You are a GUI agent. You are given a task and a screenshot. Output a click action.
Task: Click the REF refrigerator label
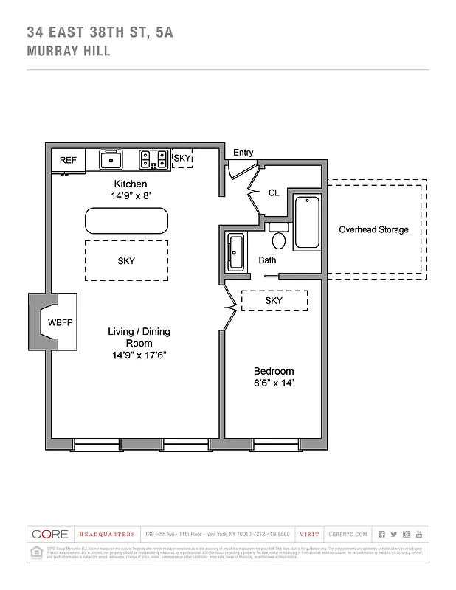tap(68, 160)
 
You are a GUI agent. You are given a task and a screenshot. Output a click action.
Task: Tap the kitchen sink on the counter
tap(111, 159)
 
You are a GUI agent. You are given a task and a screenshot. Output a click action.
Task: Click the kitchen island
tap(126, 221)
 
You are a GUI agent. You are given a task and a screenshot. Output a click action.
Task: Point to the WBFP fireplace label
tap(60, 323)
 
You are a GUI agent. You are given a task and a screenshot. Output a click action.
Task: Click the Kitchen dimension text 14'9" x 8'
tap(130, 196)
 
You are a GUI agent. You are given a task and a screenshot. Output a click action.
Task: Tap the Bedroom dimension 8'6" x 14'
tap(274, 383)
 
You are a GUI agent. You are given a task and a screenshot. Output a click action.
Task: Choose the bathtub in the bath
tap(306, 223)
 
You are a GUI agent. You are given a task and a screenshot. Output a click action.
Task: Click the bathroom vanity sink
tap(236, 253)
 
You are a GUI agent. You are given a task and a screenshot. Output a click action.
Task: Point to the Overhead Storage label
tap(373, 229)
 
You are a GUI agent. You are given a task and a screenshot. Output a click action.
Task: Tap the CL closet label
tap(274, 192)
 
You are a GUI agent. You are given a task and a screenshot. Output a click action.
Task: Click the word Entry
tap(243, 153)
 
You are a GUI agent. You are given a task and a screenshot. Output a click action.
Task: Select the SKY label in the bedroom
tap(274, 301)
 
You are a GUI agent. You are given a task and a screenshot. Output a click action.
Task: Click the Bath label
tap(268, 260)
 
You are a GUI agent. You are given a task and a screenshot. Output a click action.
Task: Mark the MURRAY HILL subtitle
tap(69, 52)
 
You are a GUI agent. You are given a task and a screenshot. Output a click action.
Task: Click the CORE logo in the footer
tap(49, 534)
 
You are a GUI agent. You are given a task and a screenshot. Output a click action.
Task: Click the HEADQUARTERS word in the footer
tap(107, 534)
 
